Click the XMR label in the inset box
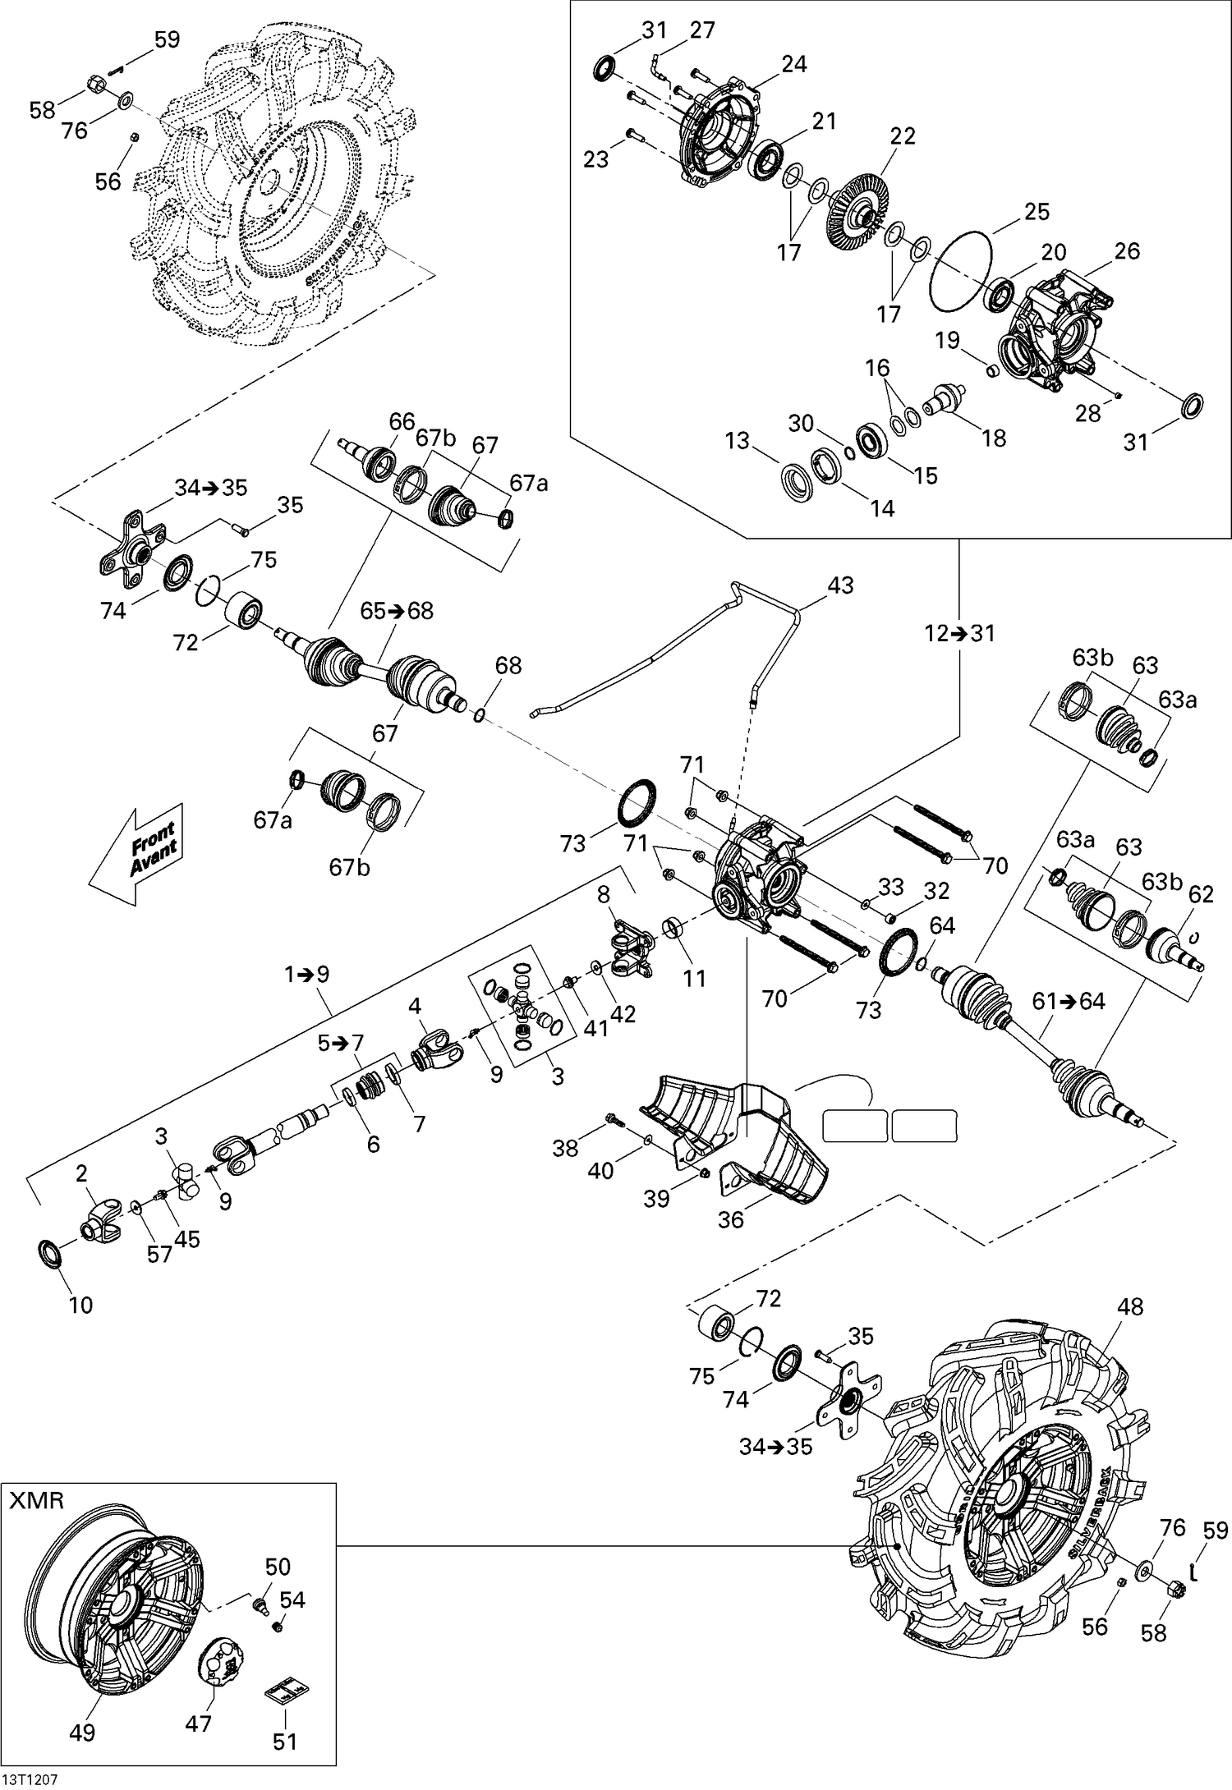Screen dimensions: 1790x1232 coord(37,1502)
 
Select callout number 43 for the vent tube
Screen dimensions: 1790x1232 coord(840,585)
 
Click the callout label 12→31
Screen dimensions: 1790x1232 coord(958,633)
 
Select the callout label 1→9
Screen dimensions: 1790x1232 coord(306,975)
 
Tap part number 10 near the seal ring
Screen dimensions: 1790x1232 coord(80,1304)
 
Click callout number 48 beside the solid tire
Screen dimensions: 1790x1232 coord(1130,1306)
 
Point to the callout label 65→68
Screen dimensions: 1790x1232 coord(397,611)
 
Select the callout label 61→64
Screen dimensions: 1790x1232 coord(1069,1001)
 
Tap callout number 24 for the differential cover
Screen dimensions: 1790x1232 coord(793,64)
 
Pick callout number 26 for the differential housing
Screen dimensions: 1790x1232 coord(1127,251)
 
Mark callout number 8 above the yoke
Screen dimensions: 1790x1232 coord(603,893)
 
